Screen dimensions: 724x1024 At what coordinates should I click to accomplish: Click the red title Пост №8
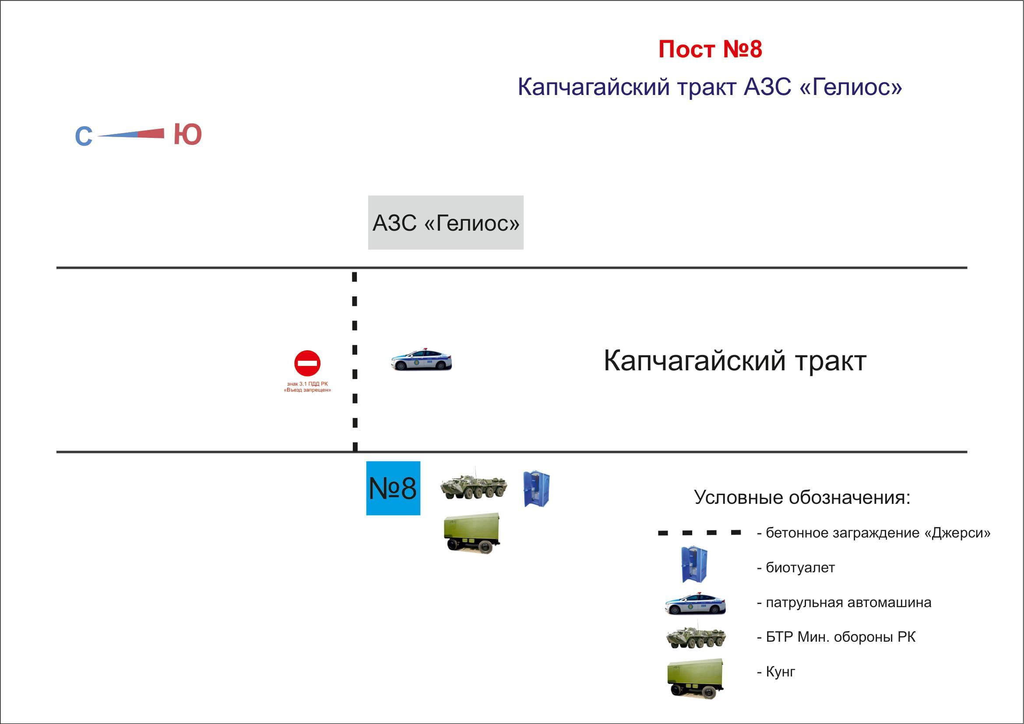click(710, 49)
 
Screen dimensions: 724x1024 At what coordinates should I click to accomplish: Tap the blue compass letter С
click(84, 137)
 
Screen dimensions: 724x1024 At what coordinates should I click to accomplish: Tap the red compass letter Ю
click(188, 134)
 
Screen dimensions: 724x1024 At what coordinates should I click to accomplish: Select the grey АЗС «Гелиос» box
click(445, 222)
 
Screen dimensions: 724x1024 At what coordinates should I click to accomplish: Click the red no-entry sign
click(307, 363)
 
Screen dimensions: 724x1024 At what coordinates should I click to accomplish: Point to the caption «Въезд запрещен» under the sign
click(307, 390)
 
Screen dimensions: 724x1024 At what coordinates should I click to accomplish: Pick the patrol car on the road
click(422, 359)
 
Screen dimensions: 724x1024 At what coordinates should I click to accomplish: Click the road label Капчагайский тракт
click(735, 361)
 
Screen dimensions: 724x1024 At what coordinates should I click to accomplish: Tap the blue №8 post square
click(393, 488)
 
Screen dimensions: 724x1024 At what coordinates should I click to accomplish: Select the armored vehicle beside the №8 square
click(474, 485)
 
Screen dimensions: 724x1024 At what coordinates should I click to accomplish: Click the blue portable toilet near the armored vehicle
click(536, 489)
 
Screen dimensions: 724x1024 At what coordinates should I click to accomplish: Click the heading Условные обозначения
click(802, 497)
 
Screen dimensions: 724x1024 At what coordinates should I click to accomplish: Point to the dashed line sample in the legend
click(699, 533)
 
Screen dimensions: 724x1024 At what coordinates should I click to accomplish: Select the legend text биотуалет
click(800, 568)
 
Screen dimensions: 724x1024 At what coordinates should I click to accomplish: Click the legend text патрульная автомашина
click(848, 602)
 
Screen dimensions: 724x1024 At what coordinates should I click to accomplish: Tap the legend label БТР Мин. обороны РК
click(840, 637)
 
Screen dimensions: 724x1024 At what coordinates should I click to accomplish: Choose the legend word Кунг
click(780, 671)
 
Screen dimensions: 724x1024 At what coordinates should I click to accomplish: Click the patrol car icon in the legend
click(695, 604)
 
